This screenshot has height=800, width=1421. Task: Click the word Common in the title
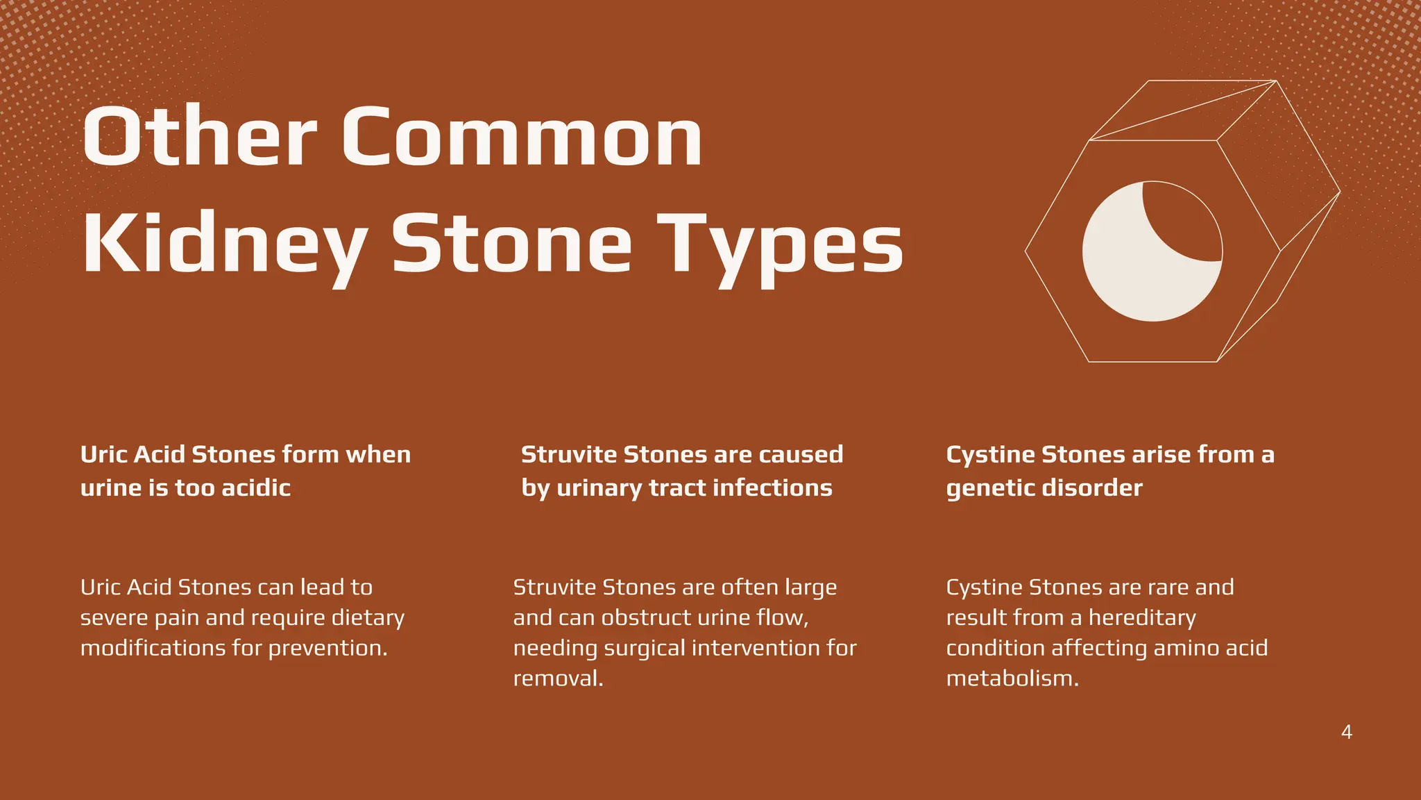pyautogui.click(x=522, y=137)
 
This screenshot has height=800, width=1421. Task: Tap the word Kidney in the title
pyautogui.click(x=225, y=244)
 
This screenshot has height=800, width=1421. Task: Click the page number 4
pyautogui.click(x=1346, y=732)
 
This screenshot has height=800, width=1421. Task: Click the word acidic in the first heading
pyautogui.click(x=256, y=487)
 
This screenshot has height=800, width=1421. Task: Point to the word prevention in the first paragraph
pyautogui.click(x=327, y=649)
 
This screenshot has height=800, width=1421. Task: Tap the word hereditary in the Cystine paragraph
pyautogui.click(x=1142, y=618)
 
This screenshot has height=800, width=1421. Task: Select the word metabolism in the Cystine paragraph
pyautogui.click(x=1012, y=678)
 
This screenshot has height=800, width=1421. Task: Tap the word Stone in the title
pyautogui.click(x=511, y=244)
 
